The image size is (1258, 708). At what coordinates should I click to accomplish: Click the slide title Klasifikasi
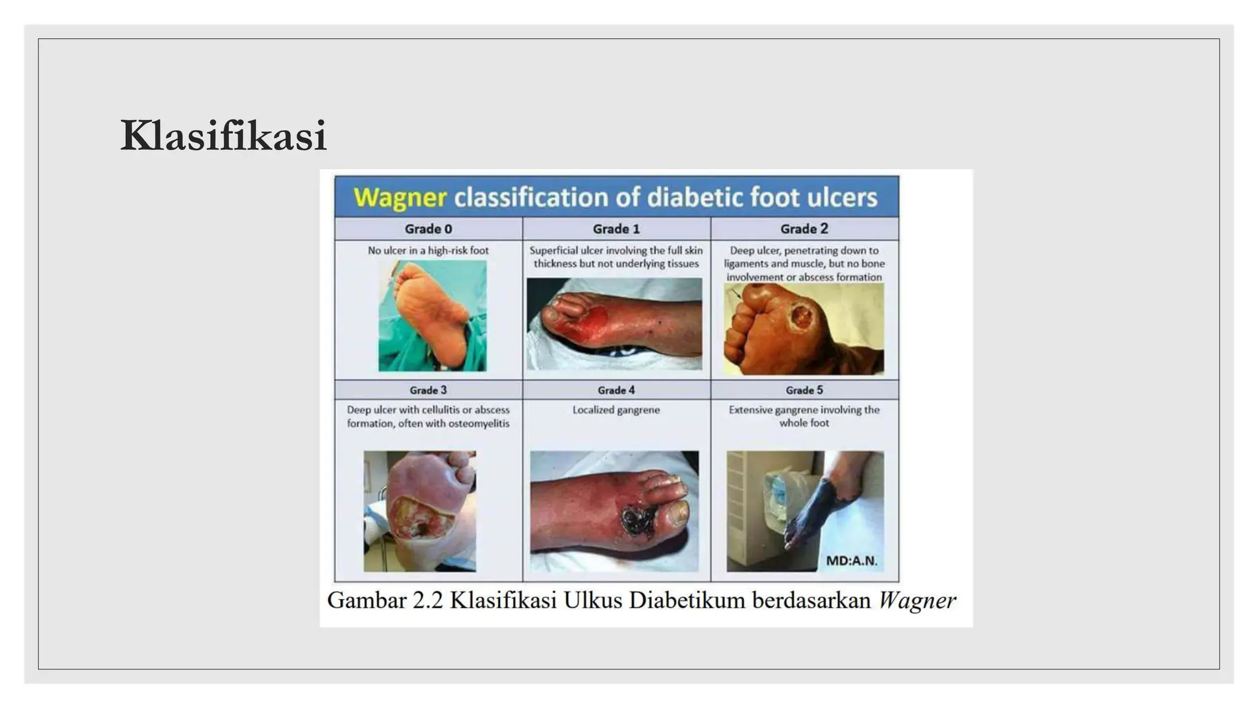pyautogui.click(x=223, y=136)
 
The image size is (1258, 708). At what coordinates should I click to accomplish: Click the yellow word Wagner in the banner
pyautogui.click(x=400, y=197)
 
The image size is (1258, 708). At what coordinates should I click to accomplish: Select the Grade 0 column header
pyautogui.click(x=428, y=229)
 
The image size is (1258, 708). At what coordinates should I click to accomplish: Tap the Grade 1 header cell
pyautogui.click(x=616, y=229)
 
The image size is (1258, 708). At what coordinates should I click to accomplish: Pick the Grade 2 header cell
pyautogui.click(x=804, y=229)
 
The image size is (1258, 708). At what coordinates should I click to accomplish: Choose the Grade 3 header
pyautogui.click(x=428, y=390)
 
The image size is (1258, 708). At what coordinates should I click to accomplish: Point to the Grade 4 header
pyautogui.click(x=616, y=390)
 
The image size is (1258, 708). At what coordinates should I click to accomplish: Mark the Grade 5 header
pyautogui.click(x=804, y=390)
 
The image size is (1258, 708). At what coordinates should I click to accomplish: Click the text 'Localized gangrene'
pyautogui.click(x=616, y=410)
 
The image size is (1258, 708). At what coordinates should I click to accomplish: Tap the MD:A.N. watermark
pyautogui.click(x=851, y=560)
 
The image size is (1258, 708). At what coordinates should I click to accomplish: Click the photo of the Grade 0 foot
pyautogui.click(x=432, y=316)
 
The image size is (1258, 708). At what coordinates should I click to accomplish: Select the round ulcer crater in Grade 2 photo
pyautogui.click(x=802, y=318)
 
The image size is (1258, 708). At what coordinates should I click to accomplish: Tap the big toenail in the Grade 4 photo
pyautogui.click(x=678, y=512)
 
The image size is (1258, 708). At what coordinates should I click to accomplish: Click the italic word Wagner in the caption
pyautogui.click(x=916, y=600)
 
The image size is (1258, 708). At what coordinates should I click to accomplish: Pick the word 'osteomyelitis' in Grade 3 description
pyautogui.click(x=479, y=423)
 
